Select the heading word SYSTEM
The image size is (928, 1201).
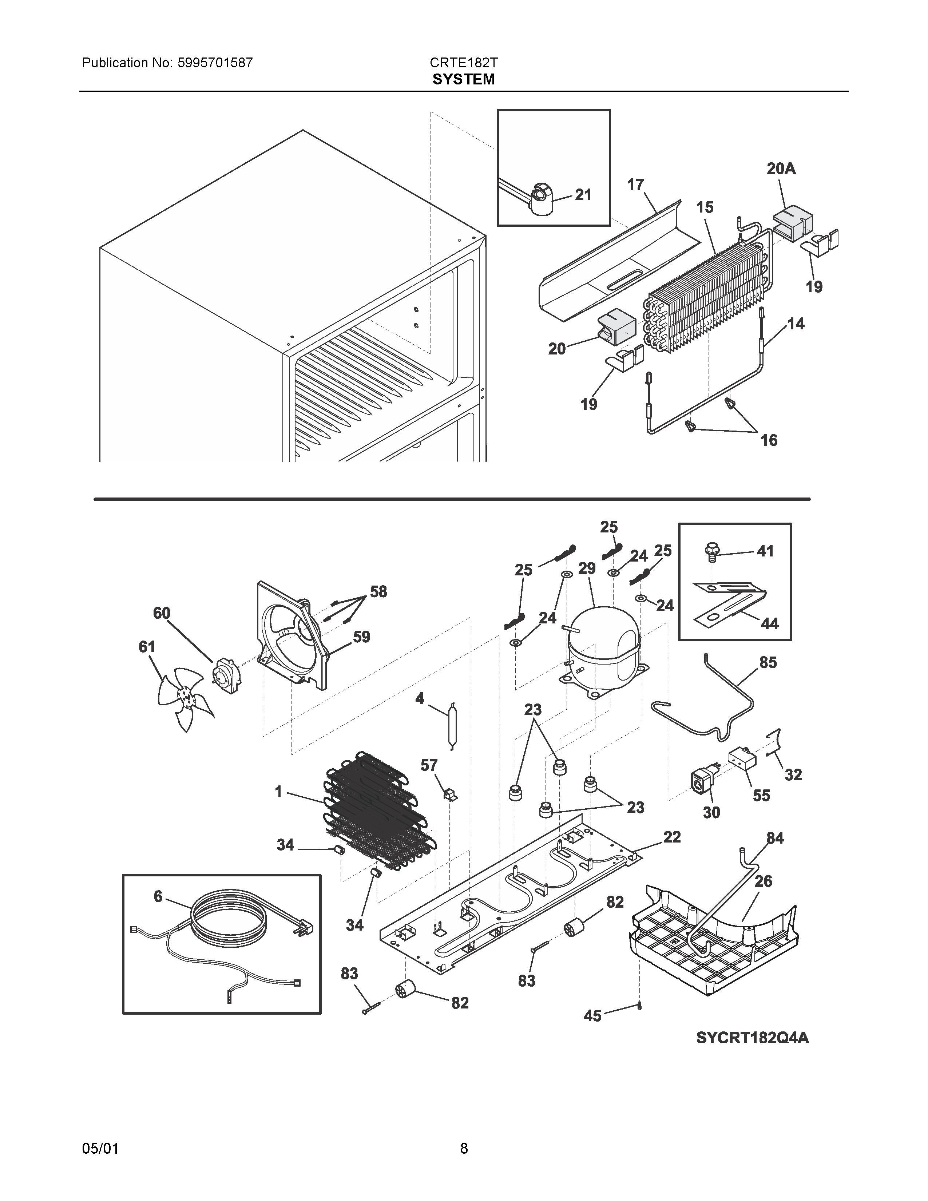(463, 80)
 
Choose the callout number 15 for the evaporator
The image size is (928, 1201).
(705, 207)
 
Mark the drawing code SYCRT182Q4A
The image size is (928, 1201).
(752, 1038)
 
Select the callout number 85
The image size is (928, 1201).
(768, 663)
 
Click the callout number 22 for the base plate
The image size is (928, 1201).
(672, 837)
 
